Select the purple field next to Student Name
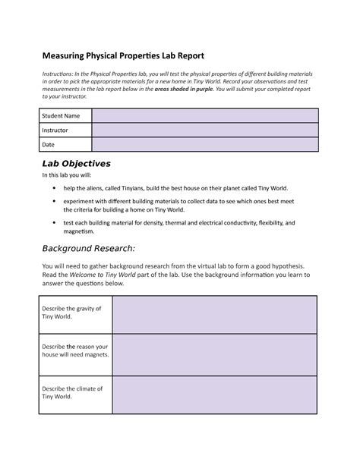tap(204, 115)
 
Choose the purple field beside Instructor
tap(204, 130)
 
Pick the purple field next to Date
tap(204, 144)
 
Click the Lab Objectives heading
tap(76, 164)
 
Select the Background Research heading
tap(88, 248)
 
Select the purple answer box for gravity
tap(214, 314)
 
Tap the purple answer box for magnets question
tap(214, 355)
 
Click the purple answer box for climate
tap(214, 396)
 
